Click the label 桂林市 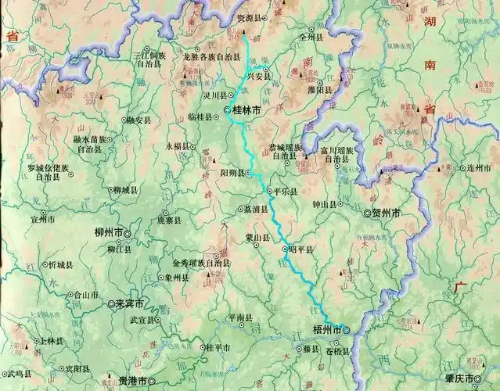tap(246, 111)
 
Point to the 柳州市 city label tap(108, 233)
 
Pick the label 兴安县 tap(258, 77)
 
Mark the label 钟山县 tap(323, 205)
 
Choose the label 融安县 tap(138, 120)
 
